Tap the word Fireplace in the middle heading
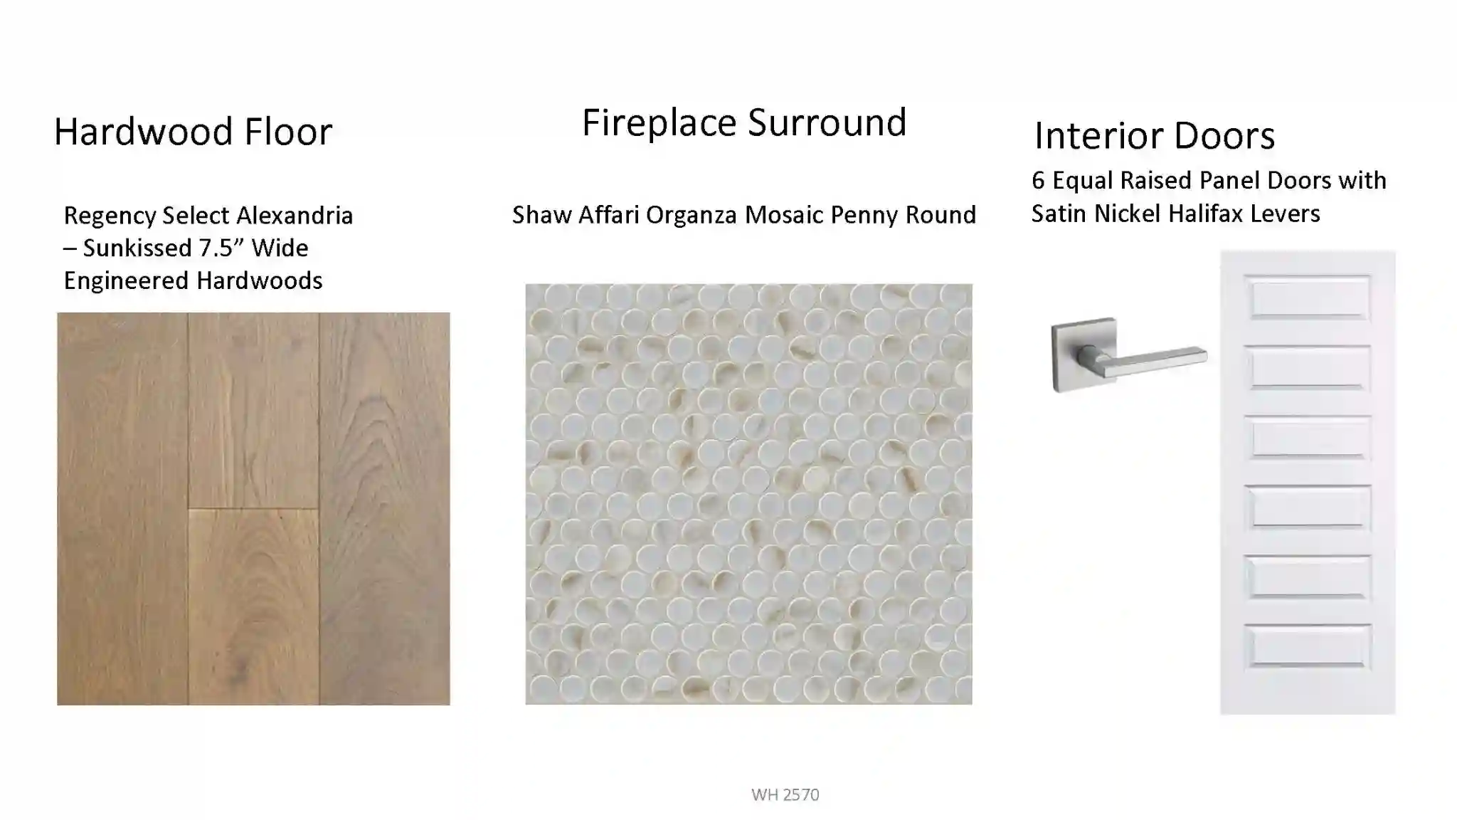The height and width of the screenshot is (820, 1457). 659,122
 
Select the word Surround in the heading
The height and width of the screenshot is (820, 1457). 827,122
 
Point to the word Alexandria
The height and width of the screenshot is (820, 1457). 294,215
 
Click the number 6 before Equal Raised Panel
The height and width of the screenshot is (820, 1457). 1038,181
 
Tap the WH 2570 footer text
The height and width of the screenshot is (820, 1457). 785,794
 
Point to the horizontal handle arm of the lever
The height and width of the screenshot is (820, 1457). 1153,362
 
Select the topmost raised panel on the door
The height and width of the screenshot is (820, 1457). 1308,297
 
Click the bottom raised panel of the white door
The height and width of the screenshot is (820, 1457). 1308,646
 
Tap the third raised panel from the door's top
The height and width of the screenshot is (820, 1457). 1308,437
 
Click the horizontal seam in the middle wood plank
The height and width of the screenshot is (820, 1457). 253,508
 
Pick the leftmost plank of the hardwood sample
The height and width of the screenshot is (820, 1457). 122,509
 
